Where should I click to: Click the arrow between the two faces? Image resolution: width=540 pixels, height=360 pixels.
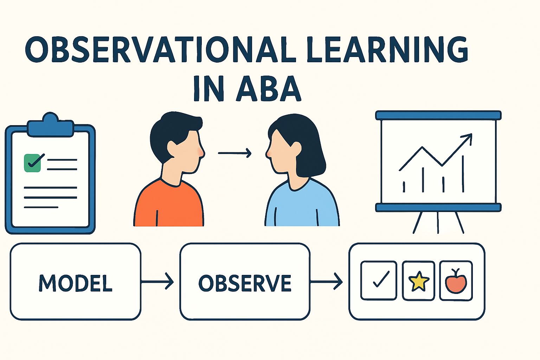[x=234, y=153]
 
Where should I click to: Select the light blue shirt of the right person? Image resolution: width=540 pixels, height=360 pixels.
[x=302, y=207]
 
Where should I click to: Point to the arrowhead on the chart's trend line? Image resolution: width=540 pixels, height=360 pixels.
[x=468, y=137]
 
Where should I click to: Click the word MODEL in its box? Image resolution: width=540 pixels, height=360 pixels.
[x=76, y=283]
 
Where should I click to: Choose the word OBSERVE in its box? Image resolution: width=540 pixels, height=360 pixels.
[x=245, y=283]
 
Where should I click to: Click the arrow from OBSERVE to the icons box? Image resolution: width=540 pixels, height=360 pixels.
[x=327, y=282]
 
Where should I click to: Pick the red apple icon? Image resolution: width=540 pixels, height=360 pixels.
[x=456, y=281]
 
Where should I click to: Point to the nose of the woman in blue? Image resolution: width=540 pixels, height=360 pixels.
[x=268, y=153]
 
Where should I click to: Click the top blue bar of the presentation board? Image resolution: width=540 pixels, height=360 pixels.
[x=438, y=115]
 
